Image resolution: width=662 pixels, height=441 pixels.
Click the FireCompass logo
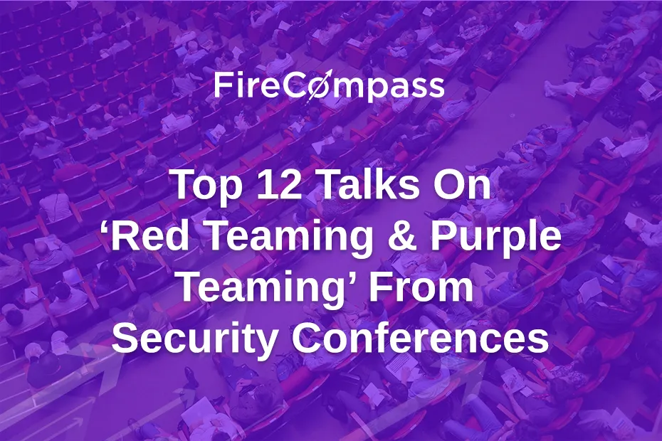point(330,87)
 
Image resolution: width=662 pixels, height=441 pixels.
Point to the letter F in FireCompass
point(221,87)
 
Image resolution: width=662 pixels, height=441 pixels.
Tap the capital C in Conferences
point(306,339)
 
